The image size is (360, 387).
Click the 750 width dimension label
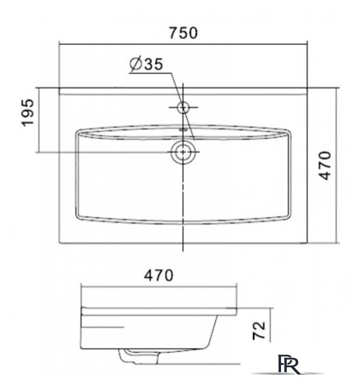coord(183,33)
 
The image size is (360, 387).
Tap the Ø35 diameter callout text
coord(146,64)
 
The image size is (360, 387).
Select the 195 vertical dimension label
coord(27,112)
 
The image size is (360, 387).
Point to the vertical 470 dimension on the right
coord(324,166)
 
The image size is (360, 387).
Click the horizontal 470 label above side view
coord(159,276)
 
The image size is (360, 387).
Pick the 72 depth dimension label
coord(259,331)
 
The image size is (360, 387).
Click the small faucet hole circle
coord(183,108)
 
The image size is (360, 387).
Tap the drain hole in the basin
coord(183,152)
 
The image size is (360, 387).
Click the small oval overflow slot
coord(183,129)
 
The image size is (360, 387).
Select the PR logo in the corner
coord(289,363)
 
